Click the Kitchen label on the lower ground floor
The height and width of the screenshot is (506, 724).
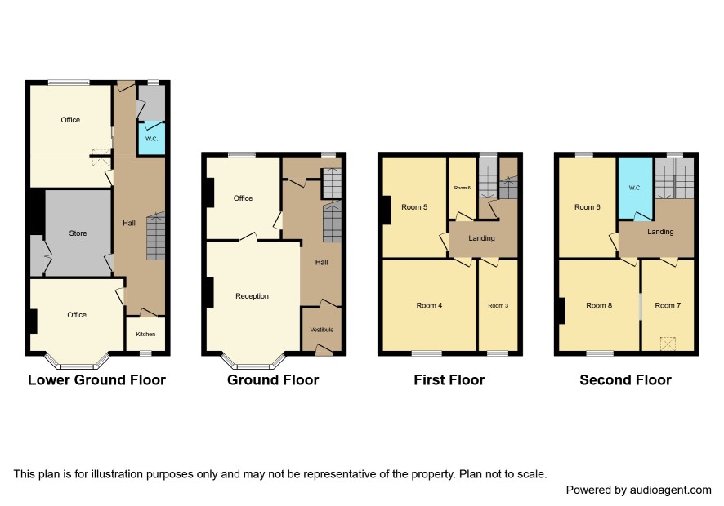pos(145,334)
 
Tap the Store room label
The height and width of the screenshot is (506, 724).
pos(78,233)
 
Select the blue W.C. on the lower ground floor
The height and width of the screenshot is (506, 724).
pos(151,139)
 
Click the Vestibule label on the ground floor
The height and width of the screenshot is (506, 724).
pos(322,330)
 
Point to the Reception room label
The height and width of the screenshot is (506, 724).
pos(253,296)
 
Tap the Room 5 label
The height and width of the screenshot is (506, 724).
pos(414,207)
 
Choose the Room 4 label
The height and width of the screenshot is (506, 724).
pos(429,305)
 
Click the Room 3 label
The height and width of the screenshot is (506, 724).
pos(498,305)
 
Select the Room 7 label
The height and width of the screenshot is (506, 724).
pos(668,305)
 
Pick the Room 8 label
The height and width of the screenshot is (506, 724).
pos(599,305)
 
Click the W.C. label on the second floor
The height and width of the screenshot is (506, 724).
pos(635,188)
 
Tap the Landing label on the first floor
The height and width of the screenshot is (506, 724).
pos(481,238)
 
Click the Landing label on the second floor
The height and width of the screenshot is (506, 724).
pos(660,232)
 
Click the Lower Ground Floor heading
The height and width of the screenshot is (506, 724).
pos(96,380)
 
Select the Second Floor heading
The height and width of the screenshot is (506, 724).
pos(626,380)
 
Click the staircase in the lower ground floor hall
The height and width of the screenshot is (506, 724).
pos(155,237)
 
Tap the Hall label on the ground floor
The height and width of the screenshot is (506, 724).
pos(321,262)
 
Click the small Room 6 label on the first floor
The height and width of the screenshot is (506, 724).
pos(463,188)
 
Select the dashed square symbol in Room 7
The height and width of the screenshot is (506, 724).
pos(668,344)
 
